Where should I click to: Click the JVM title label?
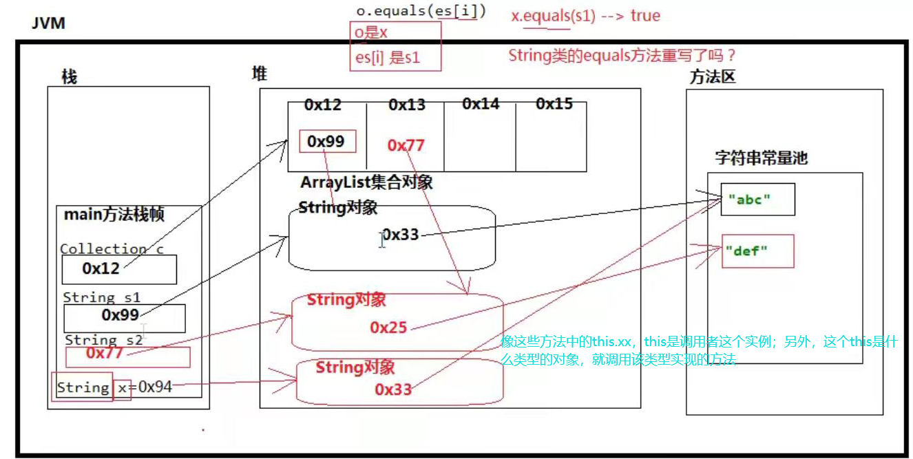pos(48,23)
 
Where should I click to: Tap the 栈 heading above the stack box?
pos(69,77)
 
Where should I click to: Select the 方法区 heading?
pos(712,77)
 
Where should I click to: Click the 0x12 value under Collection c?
pos(101,268)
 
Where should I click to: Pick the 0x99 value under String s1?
pos(120,315)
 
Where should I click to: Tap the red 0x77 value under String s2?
pos(105,353)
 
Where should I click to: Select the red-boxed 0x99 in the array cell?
pos(326,142)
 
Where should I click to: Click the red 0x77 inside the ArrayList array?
pos(406,145)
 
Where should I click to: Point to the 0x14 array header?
pos(481,104)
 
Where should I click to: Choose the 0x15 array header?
pos(554,104)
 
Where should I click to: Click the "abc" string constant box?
pos(757,200)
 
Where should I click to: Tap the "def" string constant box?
pos(757,251)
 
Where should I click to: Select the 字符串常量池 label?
pos(761,158)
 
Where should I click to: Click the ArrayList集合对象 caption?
pos(366,183)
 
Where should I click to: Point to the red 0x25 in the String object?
pos(388,328)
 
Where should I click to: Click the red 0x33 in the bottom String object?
pos(393,389)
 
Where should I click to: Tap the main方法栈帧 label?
pos(114,215)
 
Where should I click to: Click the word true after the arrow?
pos(645,15)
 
